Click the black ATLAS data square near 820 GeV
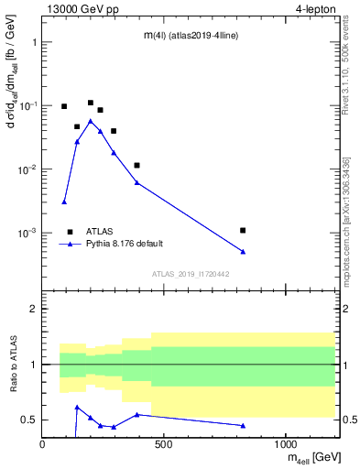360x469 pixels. click(243, 230)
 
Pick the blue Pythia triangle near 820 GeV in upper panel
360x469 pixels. click(243, 251)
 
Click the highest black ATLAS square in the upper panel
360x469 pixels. click(90, 103)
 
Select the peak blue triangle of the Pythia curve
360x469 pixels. click(90, 121)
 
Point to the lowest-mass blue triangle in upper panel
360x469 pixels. click(64, 202)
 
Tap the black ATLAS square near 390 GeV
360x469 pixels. click(136, 165)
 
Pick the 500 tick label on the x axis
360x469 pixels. click(164, 445)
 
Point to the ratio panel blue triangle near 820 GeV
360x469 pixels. click(243, 425)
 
